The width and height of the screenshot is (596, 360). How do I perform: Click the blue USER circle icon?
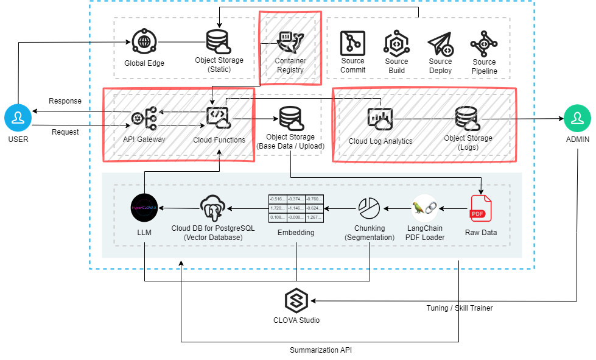[18, 118]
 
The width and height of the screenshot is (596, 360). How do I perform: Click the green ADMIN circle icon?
[577, 118]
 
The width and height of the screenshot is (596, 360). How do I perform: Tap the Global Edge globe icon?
[144, 42]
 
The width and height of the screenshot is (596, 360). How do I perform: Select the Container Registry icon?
[290, 41]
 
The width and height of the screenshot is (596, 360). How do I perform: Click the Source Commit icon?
[352, 43]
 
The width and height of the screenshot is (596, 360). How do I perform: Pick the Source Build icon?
[396, 43]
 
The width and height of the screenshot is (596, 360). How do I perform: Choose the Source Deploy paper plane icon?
[440, 43]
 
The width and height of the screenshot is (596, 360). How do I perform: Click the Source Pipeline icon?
[484, 43]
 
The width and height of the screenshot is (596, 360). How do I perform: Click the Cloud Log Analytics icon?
[380, 119]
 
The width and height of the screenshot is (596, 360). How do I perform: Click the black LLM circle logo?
[145, 208]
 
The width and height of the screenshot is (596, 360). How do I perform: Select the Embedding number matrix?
[296, 209]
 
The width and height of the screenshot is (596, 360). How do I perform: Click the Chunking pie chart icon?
[369, 208]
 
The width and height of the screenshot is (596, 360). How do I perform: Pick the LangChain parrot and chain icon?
[425, 208]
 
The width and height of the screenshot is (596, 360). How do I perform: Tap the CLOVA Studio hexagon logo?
[296, 300]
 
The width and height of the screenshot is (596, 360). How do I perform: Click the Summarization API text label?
[320, 350]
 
